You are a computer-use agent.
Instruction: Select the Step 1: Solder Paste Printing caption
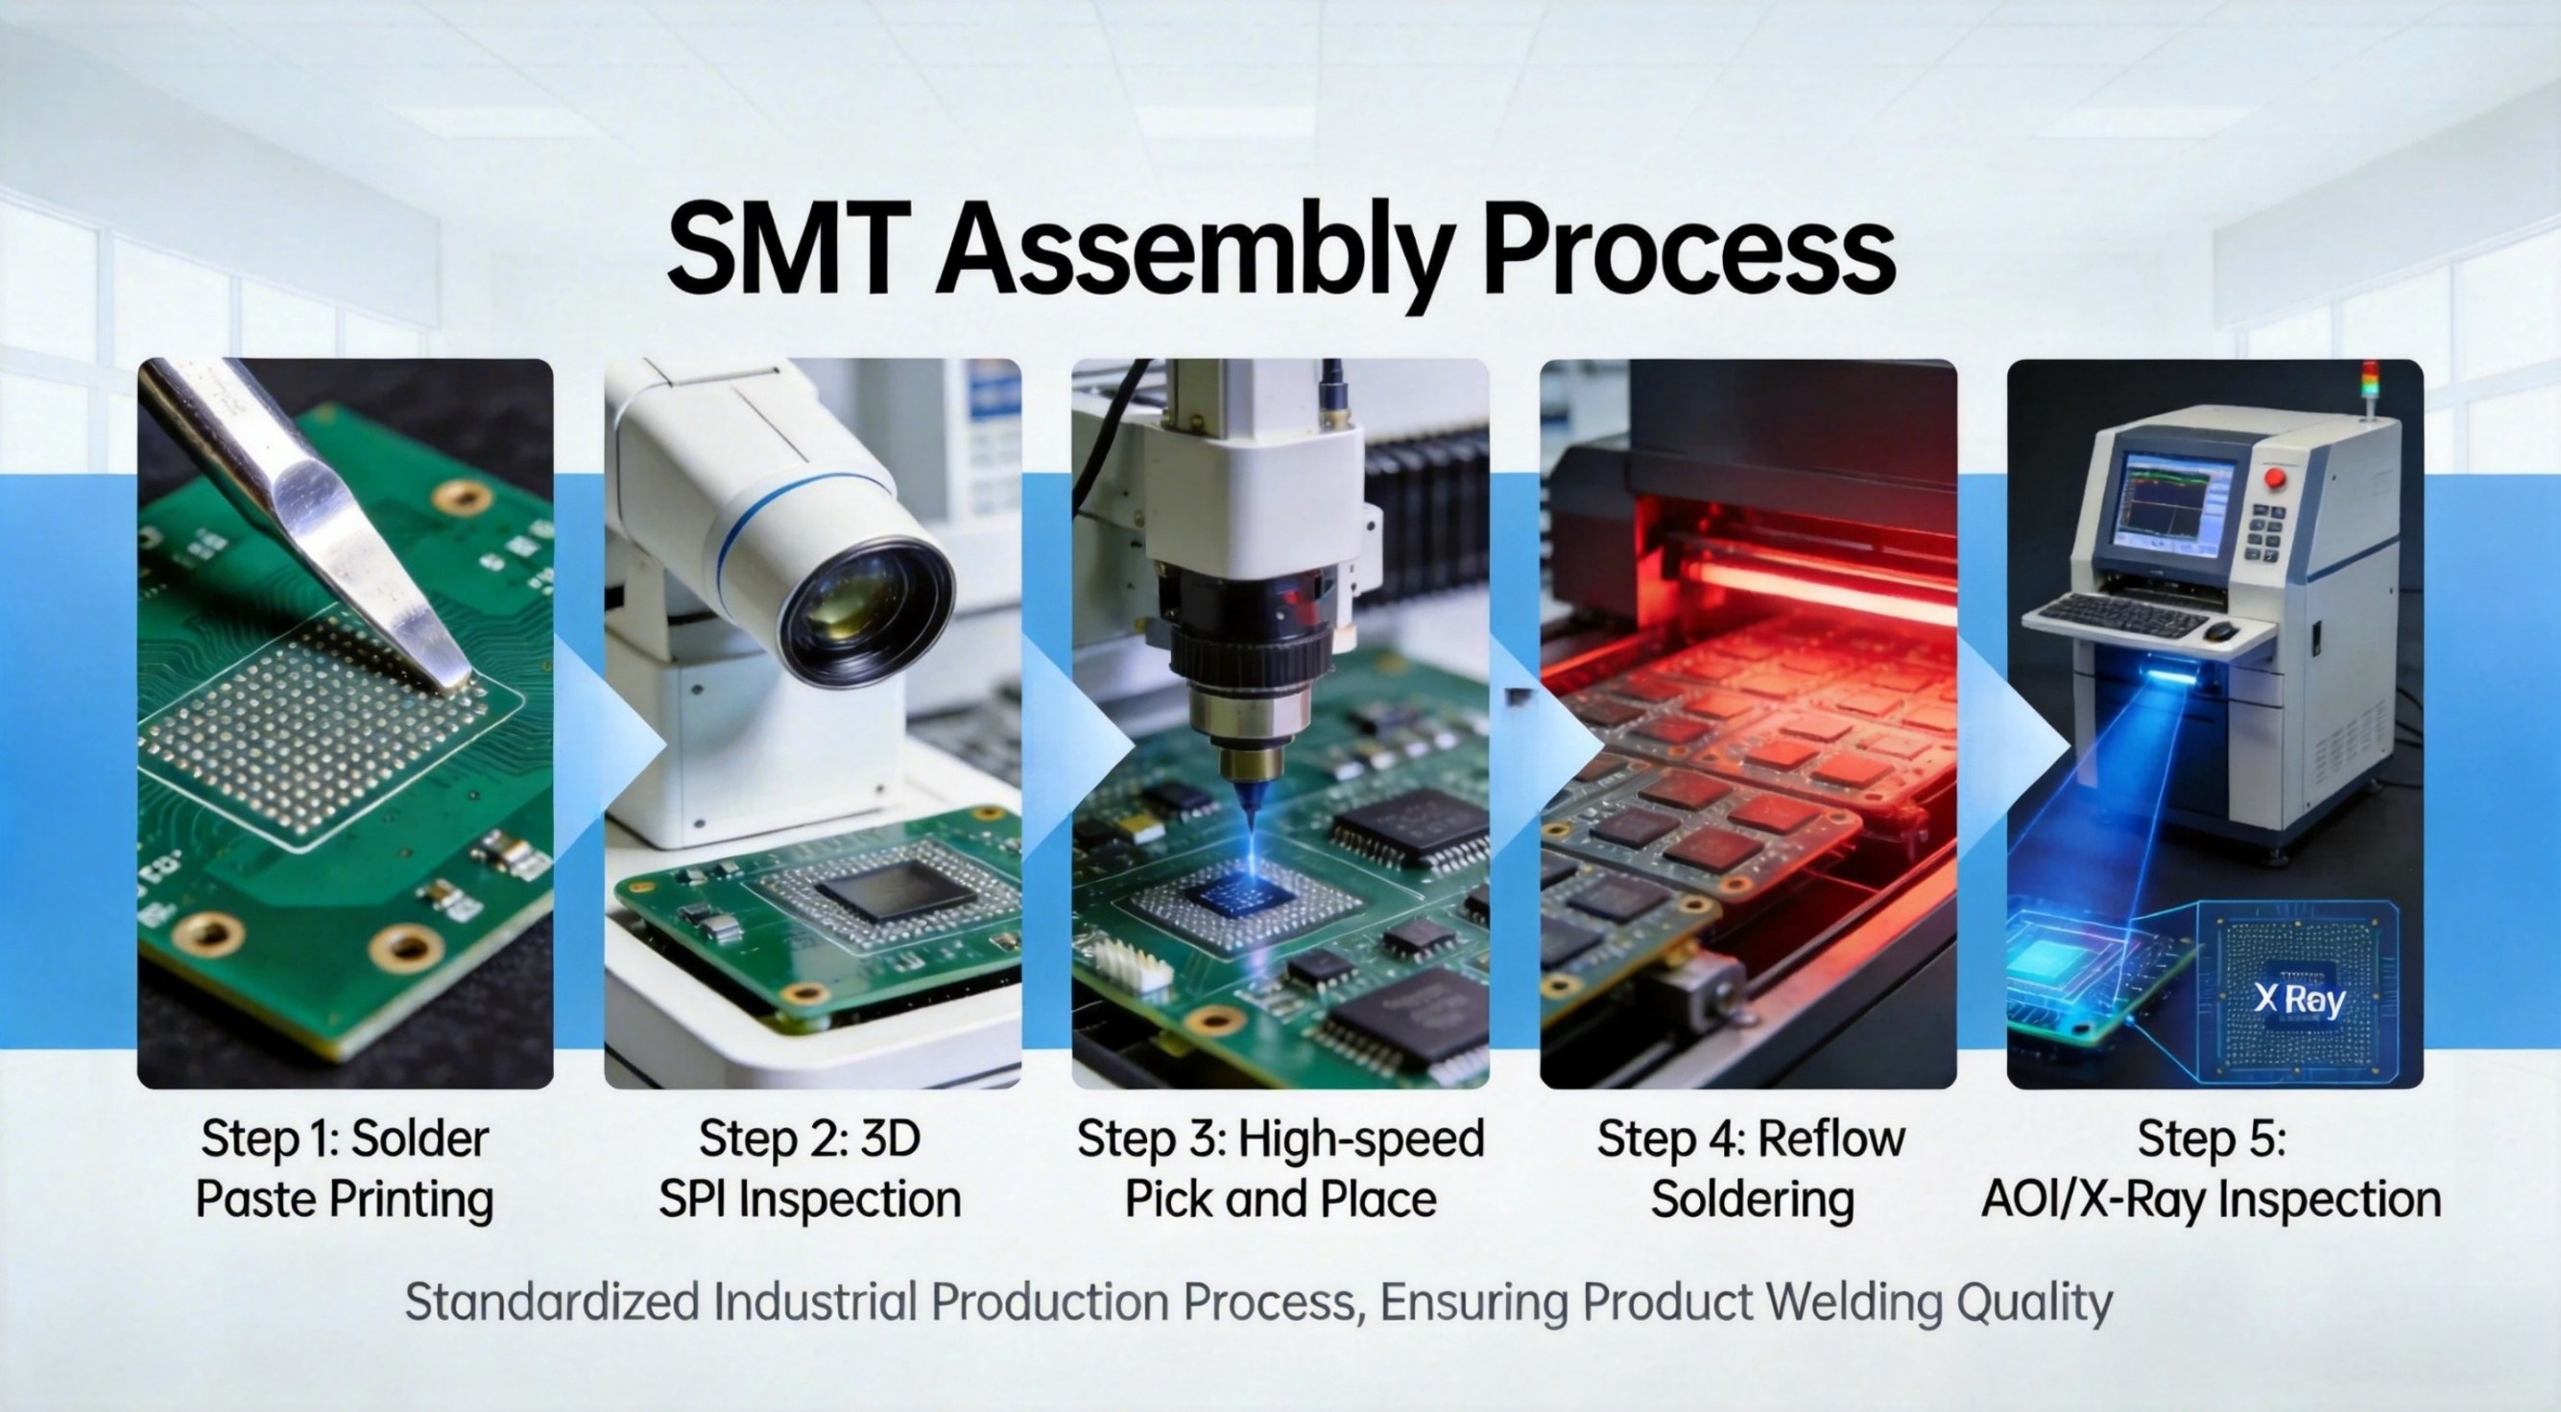pos(345,1168)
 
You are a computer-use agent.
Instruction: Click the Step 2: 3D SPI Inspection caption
pos(810,1168)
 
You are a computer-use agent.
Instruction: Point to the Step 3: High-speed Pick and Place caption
pos(1280,1168)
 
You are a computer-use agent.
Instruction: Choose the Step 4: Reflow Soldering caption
pos(1751,1168)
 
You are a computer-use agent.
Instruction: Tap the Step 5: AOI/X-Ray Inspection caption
pos(2212,1168)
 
